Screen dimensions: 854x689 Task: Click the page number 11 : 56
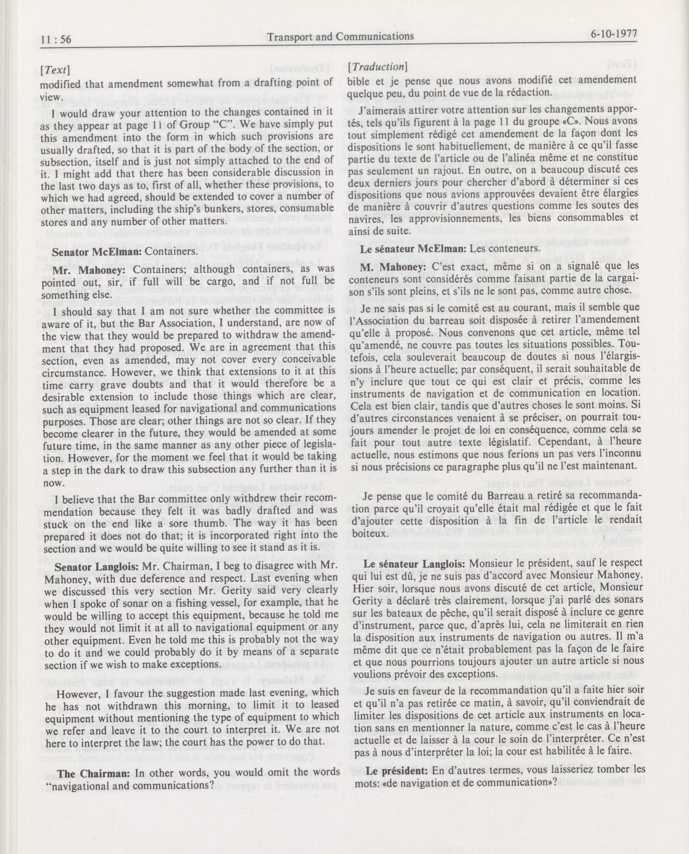[x=56, y=39]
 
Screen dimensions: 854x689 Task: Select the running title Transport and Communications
[x=341, y=36]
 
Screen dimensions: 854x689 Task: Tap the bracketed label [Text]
[x=55, y=70]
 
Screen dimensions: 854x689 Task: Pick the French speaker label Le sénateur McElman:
[x=413, y=249]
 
